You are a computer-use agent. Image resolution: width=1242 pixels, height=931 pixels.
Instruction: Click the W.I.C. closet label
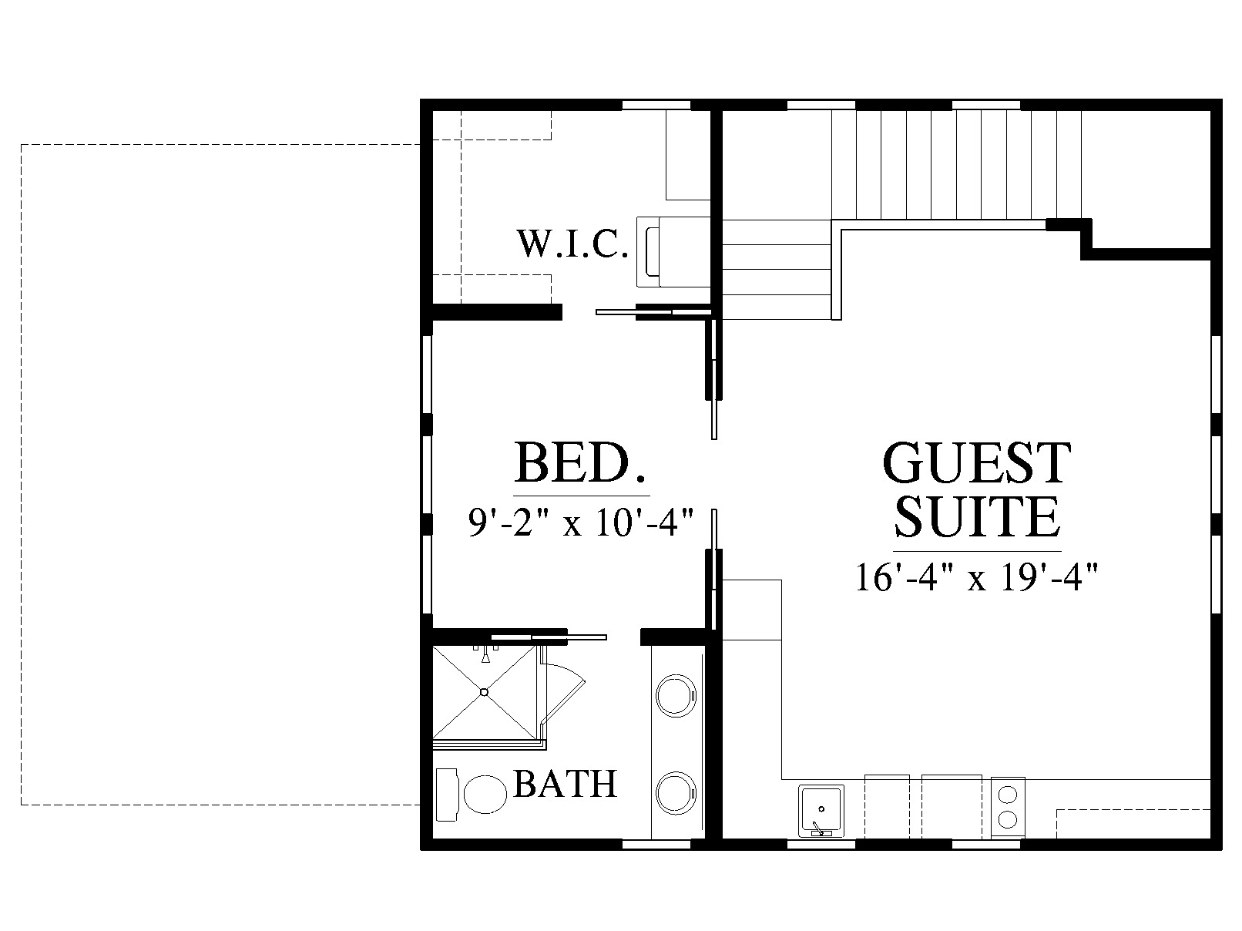572,244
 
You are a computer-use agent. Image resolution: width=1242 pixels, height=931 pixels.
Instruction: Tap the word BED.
580,463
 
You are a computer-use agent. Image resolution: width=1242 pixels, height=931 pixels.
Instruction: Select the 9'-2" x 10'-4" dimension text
581,523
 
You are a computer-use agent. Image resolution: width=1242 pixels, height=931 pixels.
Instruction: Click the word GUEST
977,463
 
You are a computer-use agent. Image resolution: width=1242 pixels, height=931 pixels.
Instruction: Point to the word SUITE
977,516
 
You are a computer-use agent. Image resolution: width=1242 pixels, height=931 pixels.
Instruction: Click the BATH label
566,785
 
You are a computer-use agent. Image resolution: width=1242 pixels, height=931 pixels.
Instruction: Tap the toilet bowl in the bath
485,794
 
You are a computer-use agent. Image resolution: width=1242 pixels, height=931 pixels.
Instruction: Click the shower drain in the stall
484,691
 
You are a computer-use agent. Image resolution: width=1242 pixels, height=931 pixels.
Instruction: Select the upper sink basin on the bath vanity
676,696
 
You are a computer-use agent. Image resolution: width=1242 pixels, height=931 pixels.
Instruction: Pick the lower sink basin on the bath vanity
676,794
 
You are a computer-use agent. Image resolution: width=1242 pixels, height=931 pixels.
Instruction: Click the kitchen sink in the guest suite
821,811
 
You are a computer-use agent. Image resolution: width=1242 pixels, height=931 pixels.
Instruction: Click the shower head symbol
485,656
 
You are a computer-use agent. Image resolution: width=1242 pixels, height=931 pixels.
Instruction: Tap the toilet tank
446,795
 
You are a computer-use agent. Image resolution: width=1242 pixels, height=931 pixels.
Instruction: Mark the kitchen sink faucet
818,828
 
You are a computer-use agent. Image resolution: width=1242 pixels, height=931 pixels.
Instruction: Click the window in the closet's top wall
656,105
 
